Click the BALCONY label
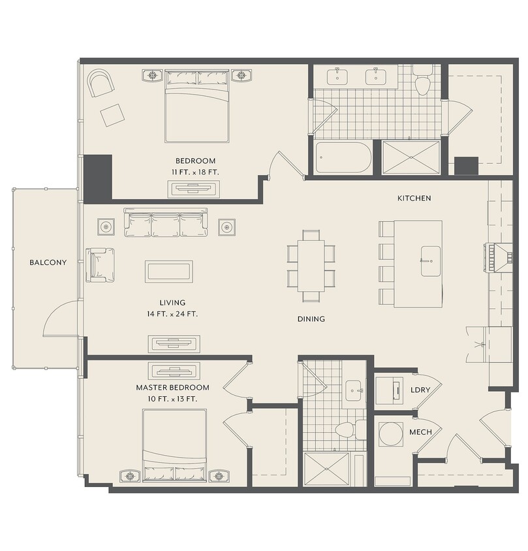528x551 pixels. [48, 262]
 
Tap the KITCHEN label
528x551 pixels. [414, 198]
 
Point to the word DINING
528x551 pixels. [311, 319]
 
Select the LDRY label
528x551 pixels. [420, 390]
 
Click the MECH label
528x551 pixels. [420, 432]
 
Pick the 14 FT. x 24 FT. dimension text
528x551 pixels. [172, 314]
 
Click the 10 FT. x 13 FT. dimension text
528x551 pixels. [172, 399]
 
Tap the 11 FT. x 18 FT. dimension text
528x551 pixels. [195, 172]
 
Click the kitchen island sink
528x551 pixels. [431, 261]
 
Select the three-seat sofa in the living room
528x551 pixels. [166, 223]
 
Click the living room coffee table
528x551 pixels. [169, 272]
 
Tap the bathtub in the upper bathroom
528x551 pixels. [343, 157]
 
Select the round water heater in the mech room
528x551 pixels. [391, 433]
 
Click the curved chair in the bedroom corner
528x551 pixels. [101, 82]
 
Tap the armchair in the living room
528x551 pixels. [100, 265]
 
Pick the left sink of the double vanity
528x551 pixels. [337, 77]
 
